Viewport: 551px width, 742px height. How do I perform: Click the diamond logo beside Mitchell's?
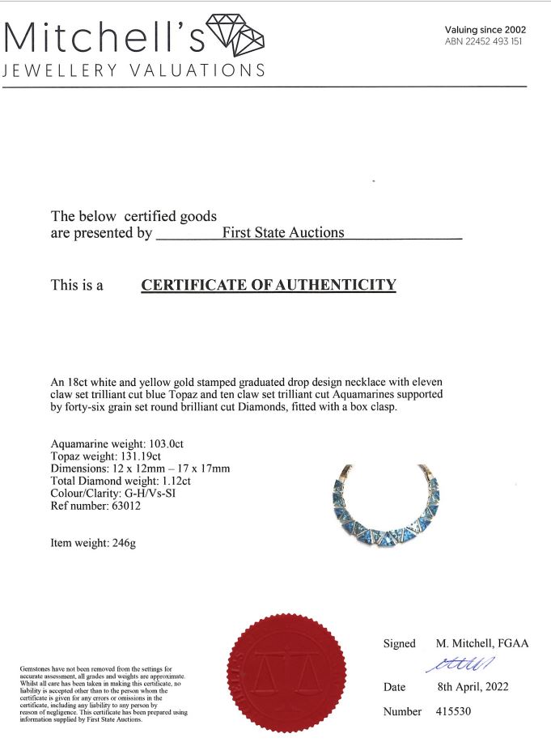coord(235,35)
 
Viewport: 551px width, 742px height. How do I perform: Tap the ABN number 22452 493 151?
coord(483,42)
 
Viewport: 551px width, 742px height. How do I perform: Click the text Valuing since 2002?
coord(485,29)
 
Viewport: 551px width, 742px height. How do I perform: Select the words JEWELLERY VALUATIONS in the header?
coord(134,70)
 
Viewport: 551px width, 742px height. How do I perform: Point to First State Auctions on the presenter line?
coord(283,233)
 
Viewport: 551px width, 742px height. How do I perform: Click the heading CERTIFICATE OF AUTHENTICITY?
coord(269,285)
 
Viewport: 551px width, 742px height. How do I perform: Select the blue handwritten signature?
coord(458,664)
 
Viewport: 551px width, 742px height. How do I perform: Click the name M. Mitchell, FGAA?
coord(482,644)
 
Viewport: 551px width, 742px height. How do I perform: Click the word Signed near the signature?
coord(399,644)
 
